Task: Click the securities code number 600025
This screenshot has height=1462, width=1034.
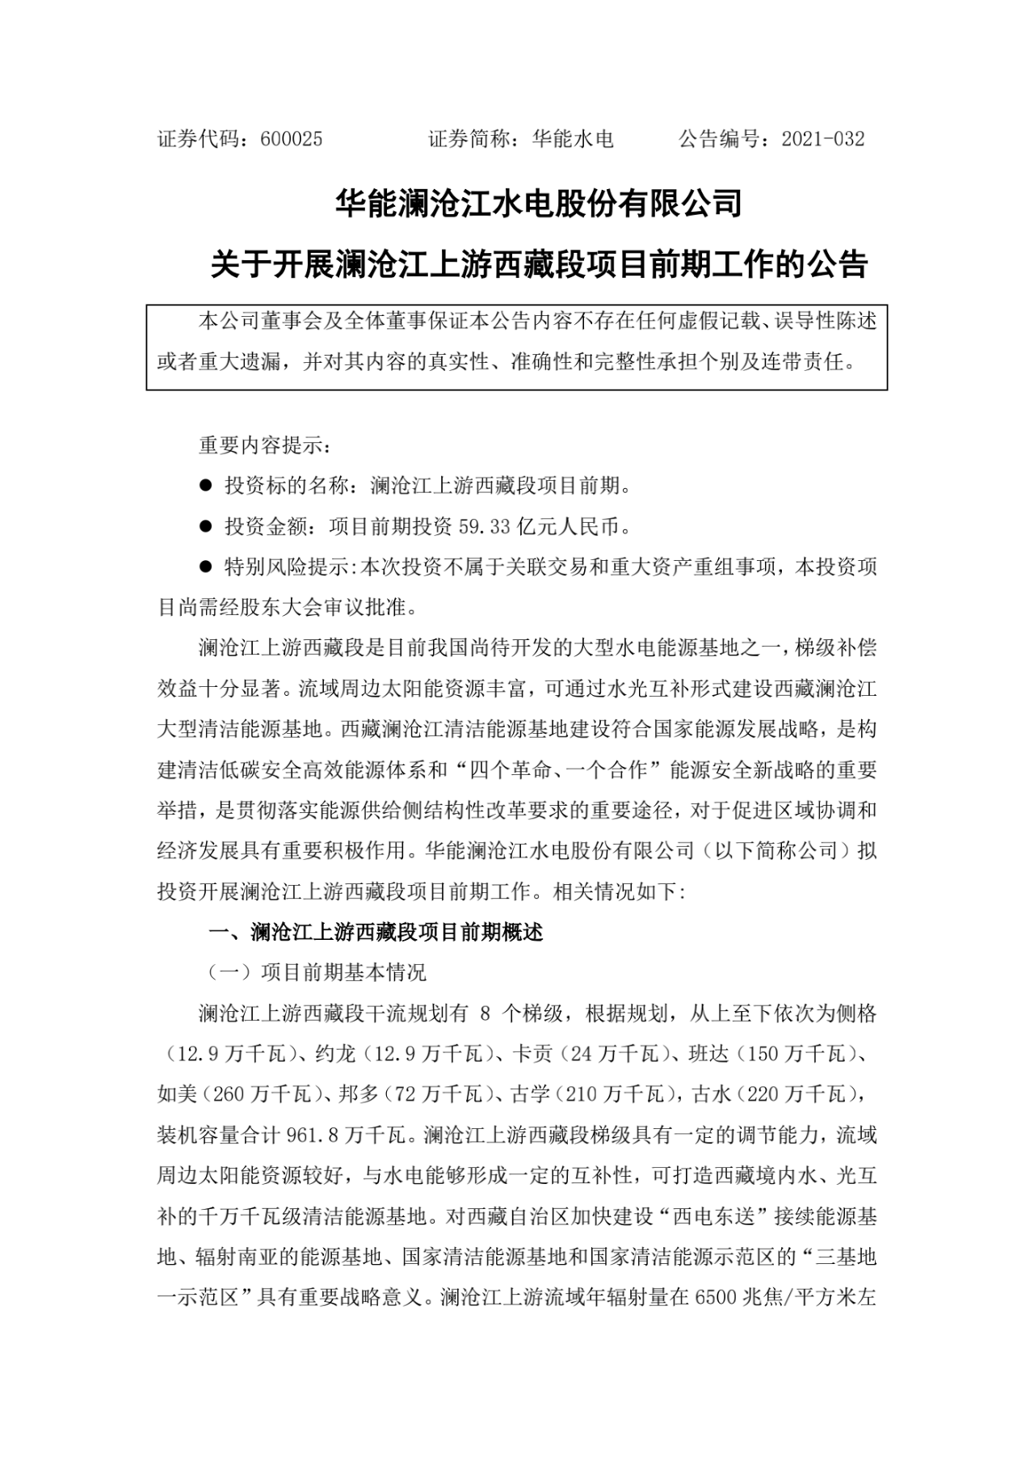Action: pos(292,139)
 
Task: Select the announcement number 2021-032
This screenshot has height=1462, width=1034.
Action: pos(823,139)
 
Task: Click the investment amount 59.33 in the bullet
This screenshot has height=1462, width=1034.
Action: pos(485,527)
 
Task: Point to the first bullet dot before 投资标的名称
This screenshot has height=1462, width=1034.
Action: pos(205,487)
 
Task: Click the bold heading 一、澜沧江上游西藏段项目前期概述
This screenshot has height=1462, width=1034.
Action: pos(376,932)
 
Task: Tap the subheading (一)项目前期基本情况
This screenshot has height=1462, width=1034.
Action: pos(317,972)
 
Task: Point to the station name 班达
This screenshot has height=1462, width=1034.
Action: pos(708,1054)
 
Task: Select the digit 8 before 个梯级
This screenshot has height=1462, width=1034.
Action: pos(485,1013)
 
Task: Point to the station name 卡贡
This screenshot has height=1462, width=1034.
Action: pos(533,1054)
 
